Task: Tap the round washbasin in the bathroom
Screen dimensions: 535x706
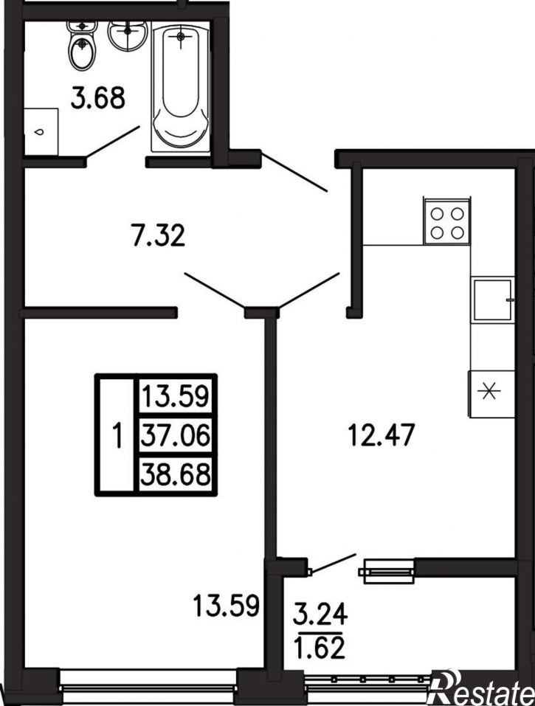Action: (128, 34)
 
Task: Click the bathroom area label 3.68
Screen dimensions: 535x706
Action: (97, 99)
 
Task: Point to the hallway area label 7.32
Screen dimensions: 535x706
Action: (159, 236)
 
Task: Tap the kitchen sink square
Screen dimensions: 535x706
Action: (492, 300)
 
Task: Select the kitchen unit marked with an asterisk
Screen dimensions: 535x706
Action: (491, 394)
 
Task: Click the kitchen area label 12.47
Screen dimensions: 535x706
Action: (382, 435)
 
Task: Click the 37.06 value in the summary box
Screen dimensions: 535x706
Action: (176, 436)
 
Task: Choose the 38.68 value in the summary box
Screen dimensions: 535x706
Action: (176, 474)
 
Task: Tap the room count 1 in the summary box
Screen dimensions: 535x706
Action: (117, 436)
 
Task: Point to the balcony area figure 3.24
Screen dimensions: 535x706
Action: (320, 613)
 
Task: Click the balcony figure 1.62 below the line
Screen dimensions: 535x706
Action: (320, 648)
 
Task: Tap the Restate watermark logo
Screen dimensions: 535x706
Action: (482, 688)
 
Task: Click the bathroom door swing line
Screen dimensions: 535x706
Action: (113, 142)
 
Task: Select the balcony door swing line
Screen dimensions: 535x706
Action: (334, 564)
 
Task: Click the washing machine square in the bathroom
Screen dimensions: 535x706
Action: (41, 132)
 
